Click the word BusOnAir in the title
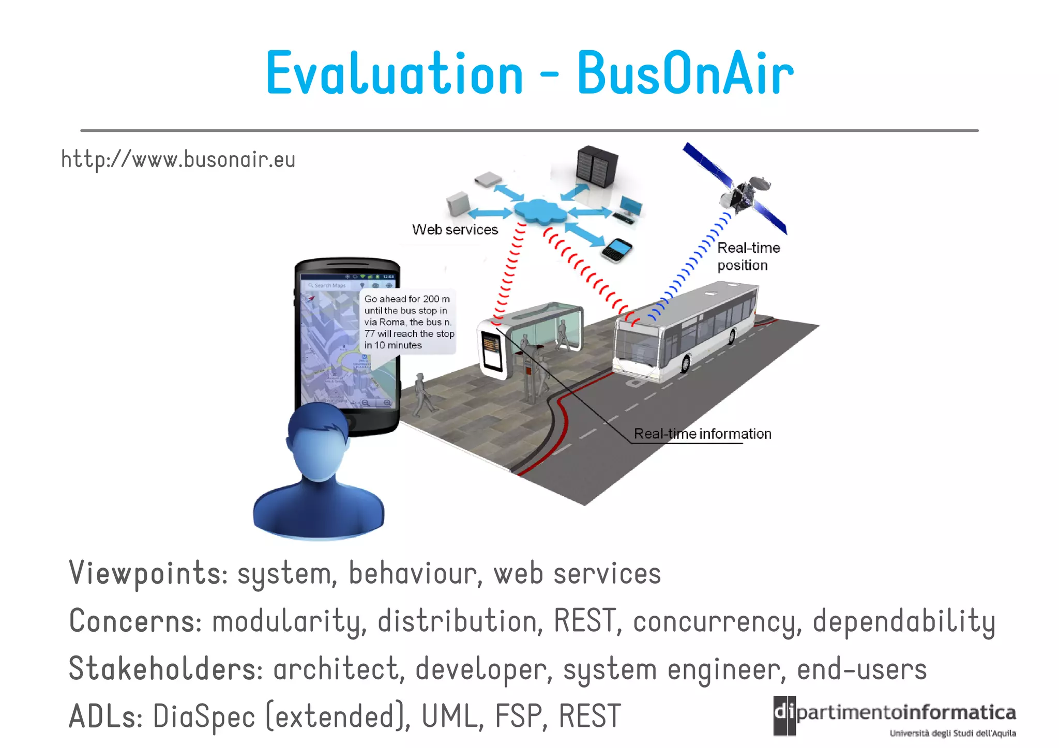click(685, 74)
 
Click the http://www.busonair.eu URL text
click(178, 159)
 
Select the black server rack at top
click(596, 165)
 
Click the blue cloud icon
click(539, 211)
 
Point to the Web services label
click(455, 230)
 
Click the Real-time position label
click(747, 256)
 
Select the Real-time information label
click(702, 434)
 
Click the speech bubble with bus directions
click(408, 322)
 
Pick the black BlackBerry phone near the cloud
click(617, 251)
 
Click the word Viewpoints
click(148, 573)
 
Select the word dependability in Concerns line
click(903, 621)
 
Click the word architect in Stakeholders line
click(337, 669)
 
